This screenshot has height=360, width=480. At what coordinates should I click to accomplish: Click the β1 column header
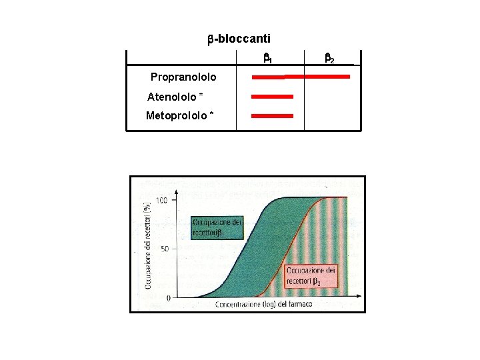coord(267,59)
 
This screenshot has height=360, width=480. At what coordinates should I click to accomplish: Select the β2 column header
coord(329,59)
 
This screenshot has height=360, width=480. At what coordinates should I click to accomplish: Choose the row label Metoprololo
coord(176,116)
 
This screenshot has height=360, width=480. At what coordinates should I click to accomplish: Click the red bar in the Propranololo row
coord(301,77)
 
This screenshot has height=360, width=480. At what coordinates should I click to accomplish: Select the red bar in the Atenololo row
coord(272,97)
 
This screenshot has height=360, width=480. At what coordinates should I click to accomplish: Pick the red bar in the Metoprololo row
coord(272,116)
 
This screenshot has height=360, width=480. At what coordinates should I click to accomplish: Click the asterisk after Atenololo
coord(201,97)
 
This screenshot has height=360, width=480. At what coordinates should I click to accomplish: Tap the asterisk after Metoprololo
coord(212,115)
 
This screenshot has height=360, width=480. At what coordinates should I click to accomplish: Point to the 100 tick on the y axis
coord(162,200)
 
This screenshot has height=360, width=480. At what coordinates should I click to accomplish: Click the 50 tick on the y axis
coord(165,249)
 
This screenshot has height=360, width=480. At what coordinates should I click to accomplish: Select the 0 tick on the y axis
coord(168,297)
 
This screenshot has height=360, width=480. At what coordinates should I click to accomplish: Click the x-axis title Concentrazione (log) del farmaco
coord(263,305)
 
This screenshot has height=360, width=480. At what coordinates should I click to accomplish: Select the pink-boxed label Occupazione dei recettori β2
coord(312,276)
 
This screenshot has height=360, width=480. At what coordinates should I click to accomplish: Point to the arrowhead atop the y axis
coord(176,192)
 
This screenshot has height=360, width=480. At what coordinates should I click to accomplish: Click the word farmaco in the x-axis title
coord(298,305)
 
